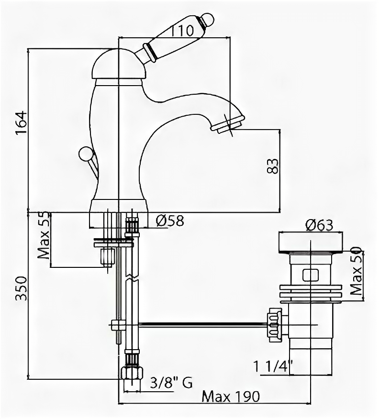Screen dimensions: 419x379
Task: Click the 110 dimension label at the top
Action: coord(182,32)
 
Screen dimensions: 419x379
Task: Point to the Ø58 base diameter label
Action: coord(170,221)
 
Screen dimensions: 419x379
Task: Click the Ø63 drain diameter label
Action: coord(318,225)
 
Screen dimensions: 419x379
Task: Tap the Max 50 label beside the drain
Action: coord(355,271)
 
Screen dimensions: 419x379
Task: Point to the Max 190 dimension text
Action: coord(231,397)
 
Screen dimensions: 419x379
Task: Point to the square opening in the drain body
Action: coord(310,275)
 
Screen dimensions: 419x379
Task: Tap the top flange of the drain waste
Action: coord(310,243)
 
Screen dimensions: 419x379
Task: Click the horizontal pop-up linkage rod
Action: coord(201,324)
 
